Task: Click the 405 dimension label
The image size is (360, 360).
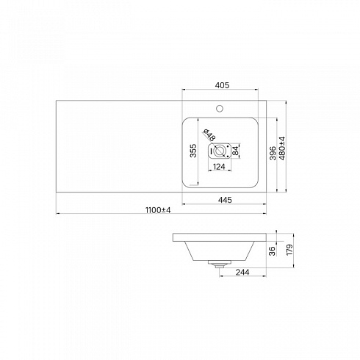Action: tap(222, 85)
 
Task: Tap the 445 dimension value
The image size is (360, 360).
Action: tap(225, 200)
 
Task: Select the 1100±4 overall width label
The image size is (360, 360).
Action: tap(158, 210)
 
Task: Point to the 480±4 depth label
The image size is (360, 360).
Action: tap(282, 148)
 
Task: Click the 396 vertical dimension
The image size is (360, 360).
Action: tap(273, 154)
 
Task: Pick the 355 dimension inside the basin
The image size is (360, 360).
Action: tap(193, 151)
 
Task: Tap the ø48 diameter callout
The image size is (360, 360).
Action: tap(209, 134)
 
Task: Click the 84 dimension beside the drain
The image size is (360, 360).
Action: tap(235, 151)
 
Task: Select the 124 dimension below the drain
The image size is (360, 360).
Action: tap(219, 167)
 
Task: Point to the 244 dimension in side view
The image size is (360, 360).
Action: tap(242, 272)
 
